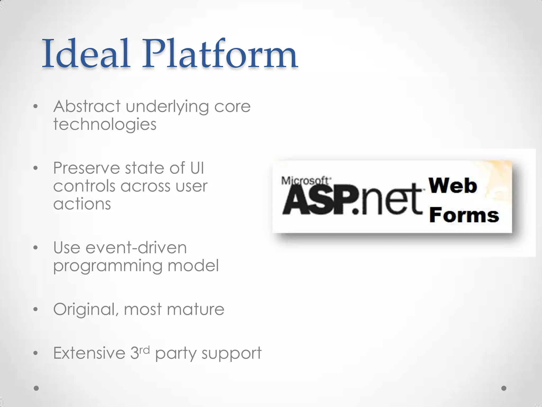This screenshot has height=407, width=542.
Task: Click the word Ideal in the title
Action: coord(86,54)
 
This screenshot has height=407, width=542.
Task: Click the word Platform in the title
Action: coord(220,54)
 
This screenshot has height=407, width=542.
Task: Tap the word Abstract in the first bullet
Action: coord(87,107)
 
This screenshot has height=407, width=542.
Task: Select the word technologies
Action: coord(105,125)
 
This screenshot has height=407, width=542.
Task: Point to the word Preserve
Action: coord(87,168)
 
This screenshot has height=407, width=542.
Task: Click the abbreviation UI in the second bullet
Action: coord(197,168)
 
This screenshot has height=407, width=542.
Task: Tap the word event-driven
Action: coord(136,248)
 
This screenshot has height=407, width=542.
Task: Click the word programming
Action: coord(107,266)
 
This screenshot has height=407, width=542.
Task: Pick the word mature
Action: coord(196,309)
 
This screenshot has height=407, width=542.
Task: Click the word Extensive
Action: coord(89,353)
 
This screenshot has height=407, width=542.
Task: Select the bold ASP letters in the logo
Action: coord(318,201)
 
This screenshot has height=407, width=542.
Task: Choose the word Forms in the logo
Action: coord(464,215)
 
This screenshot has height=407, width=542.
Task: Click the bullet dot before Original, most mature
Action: coord(36,309)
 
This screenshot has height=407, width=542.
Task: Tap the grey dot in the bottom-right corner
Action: coord(504,388)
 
